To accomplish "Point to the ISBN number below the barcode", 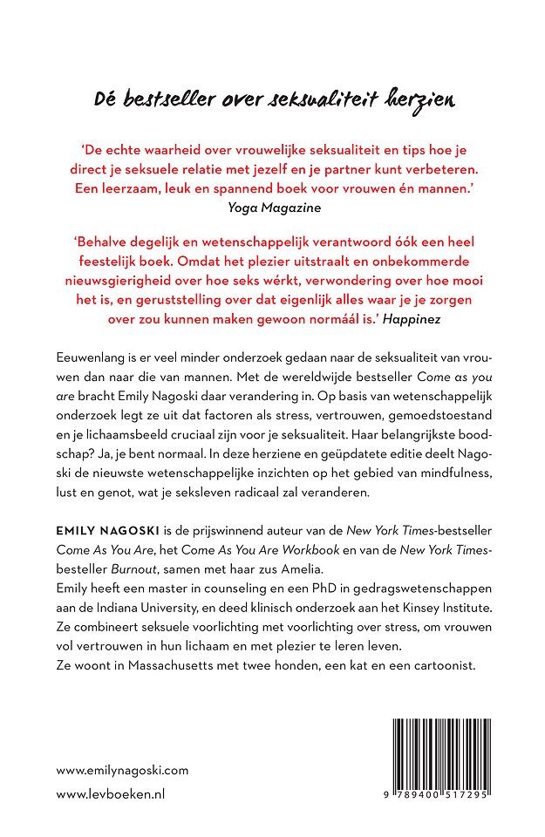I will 439,797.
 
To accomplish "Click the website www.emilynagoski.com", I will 121,770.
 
